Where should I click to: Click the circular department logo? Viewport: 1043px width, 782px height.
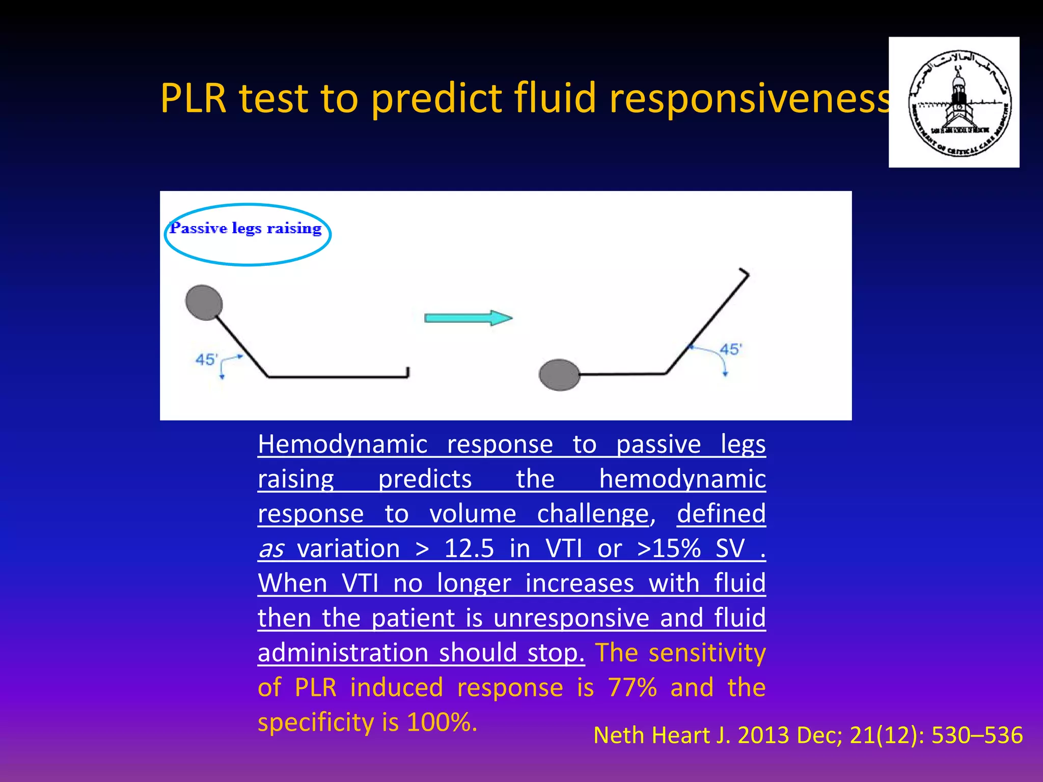coord(954,102)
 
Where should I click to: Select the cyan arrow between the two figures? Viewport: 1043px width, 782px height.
coord(468,318)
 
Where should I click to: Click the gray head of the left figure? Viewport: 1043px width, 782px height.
coord(204,302)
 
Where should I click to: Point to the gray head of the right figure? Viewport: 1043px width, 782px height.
coord(559,375)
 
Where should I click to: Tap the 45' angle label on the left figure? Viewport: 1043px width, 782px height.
coord(206,360)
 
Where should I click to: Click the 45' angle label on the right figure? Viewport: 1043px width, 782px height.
coord(730,349)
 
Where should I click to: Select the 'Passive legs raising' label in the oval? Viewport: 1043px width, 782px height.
coord(246,229)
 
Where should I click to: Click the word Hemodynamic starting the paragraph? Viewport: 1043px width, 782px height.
coord(342,444)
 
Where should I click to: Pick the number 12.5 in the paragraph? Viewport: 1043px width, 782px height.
coord(469,549)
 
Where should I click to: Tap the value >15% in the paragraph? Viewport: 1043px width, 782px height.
coord(669,549)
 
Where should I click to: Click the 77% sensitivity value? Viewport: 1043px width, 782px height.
coord(632,688)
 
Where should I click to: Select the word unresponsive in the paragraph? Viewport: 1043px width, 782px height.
coord(571,619)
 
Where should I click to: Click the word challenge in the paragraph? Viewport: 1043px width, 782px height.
coord(593,514)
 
